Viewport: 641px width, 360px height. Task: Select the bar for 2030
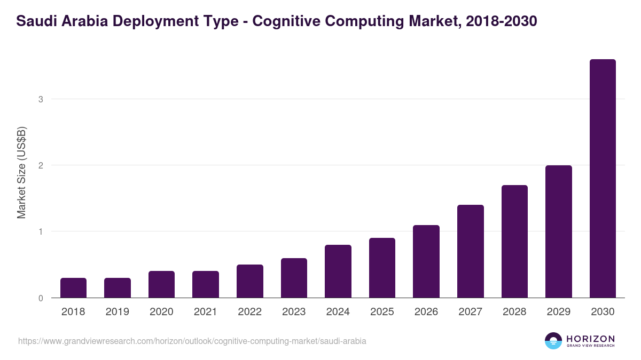[603, 179]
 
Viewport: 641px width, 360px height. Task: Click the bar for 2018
[73, 288]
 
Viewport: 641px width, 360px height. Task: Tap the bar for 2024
[338, 271]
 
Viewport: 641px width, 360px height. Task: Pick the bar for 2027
[471, 251]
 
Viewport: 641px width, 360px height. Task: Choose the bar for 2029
[559, 231]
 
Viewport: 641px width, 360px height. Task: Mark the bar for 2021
[206, 284]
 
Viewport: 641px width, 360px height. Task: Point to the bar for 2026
[426, 261]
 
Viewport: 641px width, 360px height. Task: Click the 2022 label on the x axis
[249, 312]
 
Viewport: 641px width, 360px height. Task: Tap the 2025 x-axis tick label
[382, 312]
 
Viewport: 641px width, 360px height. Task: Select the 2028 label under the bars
[514, 312]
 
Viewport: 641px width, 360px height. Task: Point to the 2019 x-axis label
[117, 312]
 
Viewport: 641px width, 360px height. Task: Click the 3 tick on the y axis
[40, 99]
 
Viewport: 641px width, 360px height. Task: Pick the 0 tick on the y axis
[40, 298]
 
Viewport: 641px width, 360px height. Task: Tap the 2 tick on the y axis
[40, 165]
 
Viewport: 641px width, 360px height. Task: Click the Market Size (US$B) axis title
[21, 172]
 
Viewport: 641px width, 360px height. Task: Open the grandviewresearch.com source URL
[192, 341]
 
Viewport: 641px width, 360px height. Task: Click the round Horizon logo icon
[553, 341]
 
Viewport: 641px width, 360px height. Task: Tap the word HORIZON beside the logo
[590, 339]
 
